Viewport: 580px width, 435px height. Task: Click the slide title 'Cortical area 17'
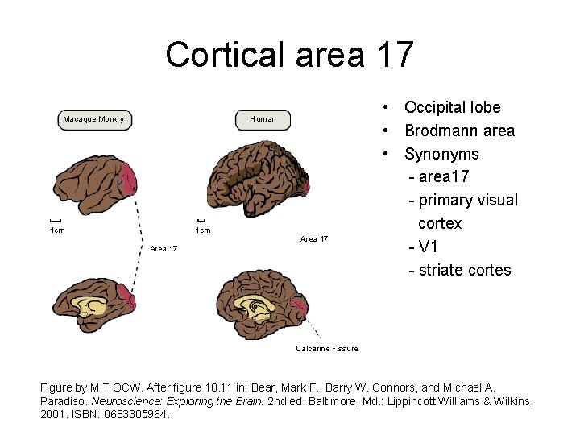click(x=289, y=55)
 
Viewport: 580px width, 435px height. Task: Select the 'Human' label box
click(x=263, y=119)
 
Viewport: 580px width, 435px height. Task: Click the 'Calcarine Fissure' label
click(x=326, y=348)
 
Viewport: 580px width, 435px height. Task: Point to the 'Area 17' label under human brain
click(x=313, y=239)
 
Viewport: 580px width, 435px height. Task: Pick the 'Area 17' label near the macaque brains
click(x=164, y=248)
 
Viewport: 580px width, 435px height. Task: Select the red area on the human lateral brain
click(x=304, y=186)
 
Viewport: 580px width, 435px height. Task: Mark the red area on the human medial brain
click(x=299, y=306)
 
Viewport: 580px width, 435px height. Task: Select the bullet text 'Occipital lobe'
click(x=452, y=107)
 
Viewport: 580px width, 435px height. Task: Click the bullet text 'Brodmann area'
click(x=459, y=130)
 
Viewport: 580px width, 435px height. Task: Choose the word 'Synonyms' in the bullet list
click(x=441, y=154)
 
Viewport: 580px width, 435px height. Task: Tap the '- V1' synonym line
click(x=427, y=246)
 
